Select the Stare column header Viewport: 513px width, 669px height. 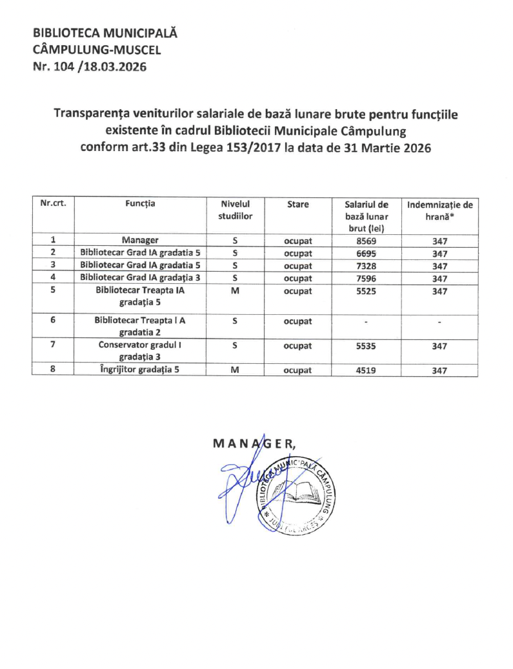pos(297,205)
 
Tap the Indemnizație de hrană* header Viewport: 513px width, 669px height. pos(439,210)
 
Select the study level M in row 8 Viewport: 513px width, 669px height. pos(235,370)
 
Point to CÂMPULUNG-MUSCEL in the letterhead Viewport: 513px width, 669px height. pos(96,49)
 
